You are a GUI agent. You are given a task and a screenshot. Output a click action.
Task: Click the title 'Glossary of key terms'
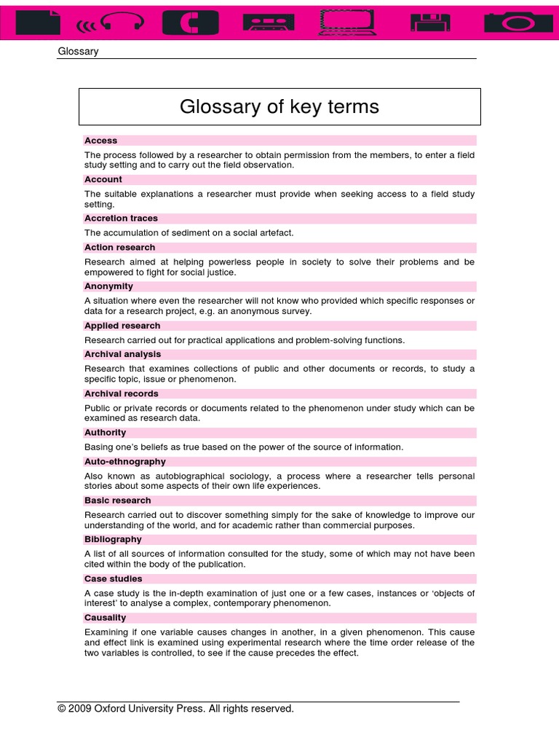(x=279, y=107)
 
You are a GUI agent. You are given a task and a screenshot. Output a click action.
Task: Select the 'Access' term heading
(x=100, y=141)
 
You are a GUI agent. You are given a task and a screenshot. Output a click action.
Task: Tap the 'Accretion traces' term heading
(x=121, y=219)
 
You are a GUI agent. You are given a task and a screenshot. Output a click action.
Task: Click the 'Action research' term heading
(x=119, y=248)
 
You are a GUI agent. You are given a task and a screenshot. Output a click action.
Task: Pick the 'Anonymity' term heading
(x=108, y=286)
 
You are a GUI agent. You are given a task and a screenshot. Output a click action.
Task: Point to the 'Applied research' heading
(x=122, y=326)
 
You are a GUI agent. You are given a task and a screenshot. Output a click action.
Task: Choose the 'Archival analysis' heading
(x=123, y=355)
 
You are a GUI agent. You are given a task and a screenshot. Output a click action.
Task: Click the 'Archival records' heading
(x=121, y=394)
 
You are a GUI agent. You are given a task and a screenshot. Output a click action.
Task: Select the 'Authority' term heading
(x=105, y=433)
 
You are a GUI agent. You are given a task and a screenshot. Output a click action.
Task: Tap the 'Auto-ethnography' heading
(x=124, y=462)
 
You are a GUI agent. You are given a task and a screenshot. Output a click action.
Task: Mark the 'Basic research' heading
(x=117, y=500)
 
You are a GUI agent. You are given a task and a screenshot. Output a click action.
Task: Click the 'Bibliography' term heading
(x=112, y=540)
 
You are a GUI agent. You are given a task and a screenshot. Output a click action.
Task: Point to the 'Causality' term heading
(x=105, y=618)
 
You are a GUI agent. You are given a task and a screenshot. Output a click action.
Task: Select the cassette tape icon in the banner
(x=271, y=23)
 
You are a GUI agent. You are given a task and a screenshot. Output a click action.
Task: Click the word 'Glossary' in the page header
(x=78, y=51)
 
